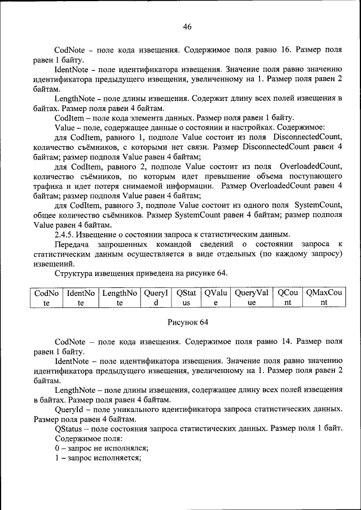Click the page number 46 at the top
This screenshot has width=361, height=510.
187,26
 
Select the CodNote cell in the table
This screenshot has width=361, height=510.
46,298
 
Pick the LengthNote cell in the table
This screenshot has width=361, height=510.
120,298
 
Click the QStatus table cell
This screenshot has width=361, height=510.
186,298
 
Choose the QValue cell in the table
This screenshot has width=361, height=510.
215,298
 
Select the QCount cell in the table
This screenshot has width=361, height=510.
287,298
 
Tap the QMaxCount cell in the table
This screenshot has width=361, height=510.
324,298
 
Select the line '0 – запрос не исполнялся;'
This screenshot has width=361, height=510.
102,448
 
